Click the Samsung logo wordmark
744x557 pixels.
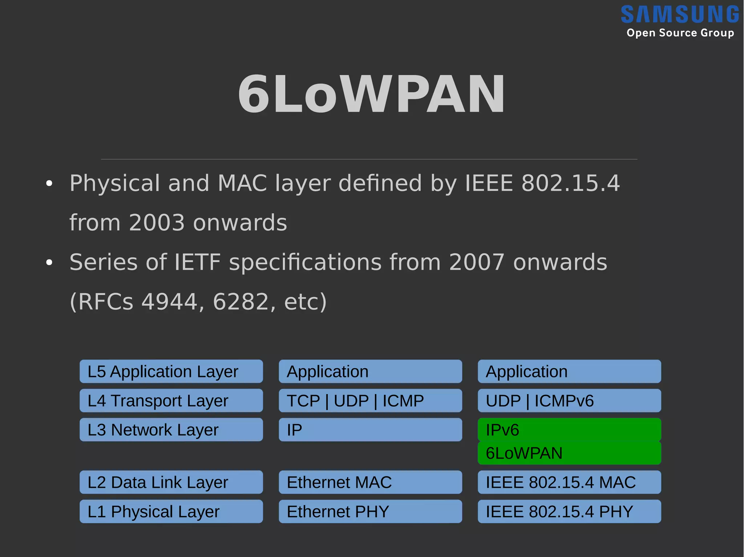click(x=679, y=15)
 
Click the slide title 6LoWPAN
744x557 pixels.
click(x=371, y=94)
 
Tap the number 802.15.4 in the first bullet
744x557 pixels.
click(x=570, y=183)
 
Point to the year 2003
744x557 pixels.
click(x=157, y=222)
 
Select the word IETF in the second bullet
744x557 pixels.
click(x=197, y=262)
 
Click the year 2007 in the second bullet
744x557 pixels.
click(x=477, y=262)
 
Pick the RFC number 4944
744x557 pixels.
click(x=169, y=302)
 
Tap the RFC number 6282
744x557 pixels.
click(x=240, y=302)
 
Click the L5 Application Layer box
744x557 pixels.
click(x=171, y=371)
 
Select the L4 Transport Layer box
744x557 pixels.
click(x=171, y=401)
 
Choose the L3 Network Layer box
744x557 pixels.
click(x=171, y=430)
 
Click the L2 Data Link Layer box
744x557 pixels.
click(x=171, y=482)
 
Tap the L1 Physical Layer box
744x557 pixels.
click(x=171, y=511)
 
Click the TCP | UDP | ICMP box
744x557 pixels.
click(x=370, y=401)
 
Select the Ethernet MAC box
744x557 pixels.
click(x=370, y=482)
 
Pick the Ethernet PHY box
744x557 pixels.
click(x=370, y=511)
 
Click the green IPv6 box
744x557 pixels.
click(x=569, y=430)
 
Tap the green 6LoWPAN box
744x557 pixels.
click(x=569, y=453)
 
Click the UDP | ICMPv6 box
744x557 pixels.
click(x=569, y=401)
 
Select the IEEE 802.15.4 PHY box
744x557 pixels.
click(x=569, y=511)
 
